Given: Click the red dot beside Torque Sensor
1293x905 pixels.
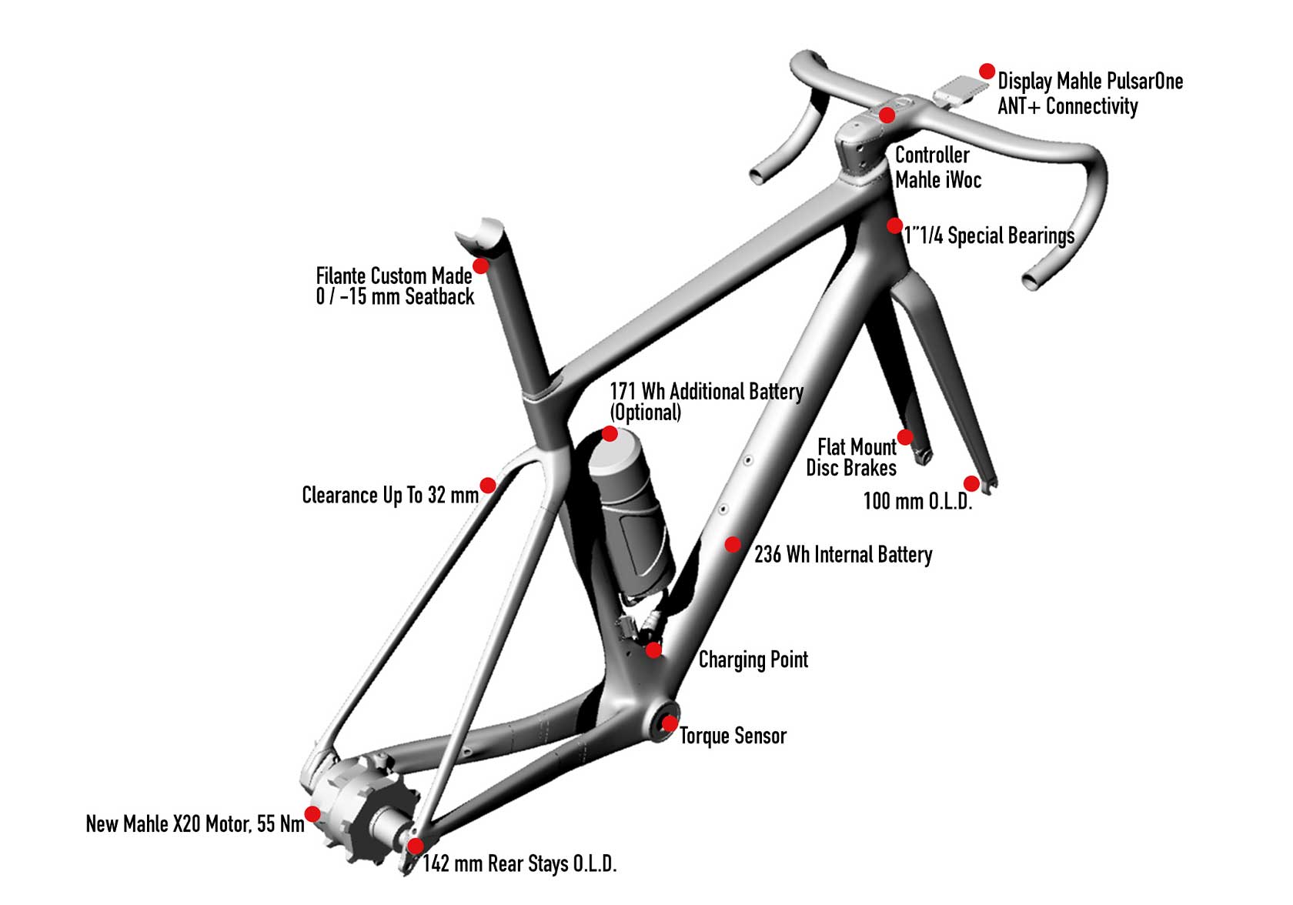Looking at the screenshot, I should [670, 723].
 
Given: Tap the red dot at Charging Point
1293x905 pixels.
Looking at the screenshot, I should [653, 650].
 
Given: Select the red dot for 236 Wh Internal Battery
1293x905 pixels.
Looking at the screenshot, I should [733, 545].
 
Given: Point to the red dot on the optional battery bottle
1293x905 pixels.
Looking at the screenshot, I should [610, 434].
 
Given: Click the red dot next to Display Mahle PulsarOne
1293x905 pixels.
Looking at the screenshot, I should [987, 72].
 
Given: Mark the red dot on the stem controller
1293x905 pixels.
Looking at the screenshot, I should [887, 115].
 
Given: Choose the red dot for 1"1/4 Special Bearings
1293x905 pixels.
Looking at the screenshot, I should [894, 225].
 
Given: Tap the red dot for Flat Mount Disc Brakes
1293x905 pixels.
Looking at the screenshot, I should [906, 437].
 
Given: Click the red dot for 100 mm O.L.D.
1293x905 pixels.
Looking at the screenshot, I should [971, 483].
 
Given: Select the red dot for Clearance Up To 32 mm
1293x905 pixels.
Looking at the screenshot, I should [488, 485].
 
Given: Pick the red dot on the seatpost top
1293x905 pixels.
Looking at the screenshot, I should [480, 266].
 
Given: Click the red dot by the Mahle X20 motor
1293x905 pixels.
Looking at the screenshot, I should [312, 813].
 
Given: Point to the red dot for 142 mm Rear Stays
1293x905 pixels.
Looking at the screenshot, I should [415, 847].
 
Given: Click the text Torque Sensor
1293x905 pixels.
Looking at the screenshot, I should [733, 736].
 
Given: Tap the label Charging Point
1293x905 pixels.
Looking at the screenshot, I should [753, 660].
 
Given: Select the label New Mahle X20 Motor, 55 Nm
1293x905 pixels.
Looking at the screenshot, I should [195, 824].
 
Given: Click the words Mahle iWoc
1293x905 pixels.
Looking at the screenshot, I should [938, 180].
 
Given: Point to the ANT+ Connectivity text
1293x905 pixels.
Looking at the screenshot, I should [1067, 106].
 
